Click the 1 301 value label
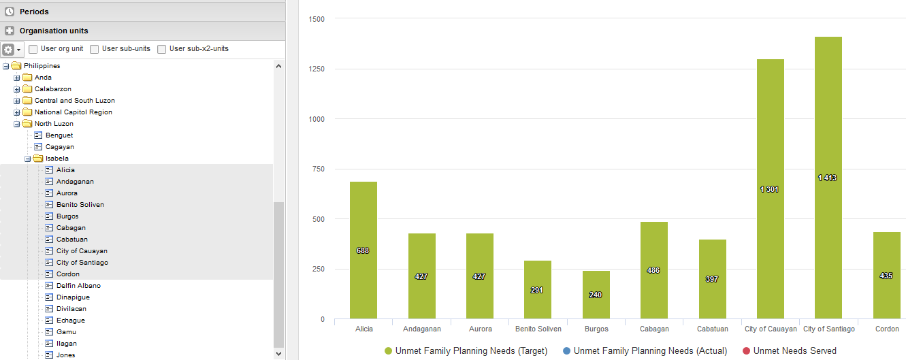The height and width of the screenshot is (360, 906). pos(770,189)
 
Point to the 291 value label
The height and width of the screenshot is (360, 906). pos(537,290)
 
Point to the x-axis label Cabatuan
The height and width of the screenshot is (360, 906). pos(712,329)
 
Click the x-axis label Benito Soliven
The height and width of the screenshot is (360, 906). pos(538,329)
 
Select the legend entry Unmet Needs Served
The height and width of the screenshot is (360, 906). pos(794,351)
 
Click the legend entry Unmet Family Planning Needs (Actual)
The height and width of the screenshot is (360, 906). pos(650,351)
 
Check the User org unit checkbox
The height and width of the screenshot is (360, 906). pos(33,49)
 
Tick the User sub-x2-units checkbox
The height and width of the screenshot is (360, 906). pos(162,49)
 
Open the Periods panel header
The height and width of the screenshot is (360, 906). pos(34,12)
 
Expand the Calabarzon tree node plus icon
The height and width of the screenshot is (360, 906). pos(17,89)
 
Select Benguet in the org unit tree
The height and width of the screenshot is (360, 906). pos(59,135)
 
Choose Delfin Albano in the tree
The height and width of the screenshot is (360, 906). pos(78,286)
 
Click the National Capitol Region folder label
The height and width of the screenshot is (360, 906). pos(74,112)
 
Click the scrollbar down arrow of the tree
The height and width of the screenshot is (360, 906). pos(278,353)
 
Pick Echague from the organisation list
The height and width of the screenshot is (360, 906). pos(71,321)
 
